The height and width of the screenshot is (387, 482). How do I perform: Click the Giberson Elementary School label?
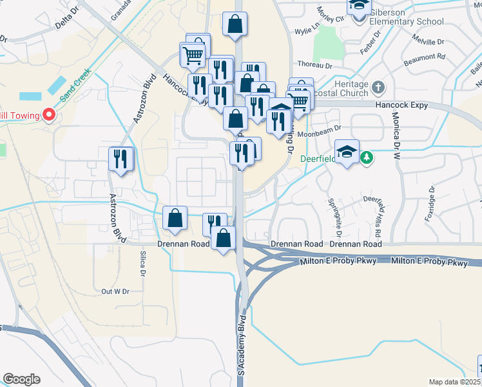406,21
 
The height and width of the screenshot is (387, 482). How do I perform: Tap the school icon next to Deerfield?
347,152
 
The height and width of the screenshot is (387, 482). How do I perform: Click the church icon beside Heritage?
378,86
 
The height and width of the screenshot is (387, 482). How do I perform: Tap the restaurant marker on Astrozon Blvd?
121,159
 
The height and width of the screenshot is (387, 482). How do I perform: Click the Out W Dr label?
115,292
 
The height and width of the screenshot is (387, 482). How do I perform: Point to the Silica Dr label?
140,263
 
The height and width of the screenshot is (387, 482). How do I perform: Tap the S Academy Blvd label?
242,345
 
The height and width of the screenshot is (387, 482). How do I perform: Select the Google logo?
21,379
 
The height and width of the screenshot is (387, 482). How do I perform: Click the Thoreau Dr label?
314,65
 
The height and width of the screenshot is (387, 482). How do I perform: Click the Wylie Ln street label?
307,30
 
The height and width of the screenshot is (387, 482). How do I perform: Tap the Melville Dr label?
431,41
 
